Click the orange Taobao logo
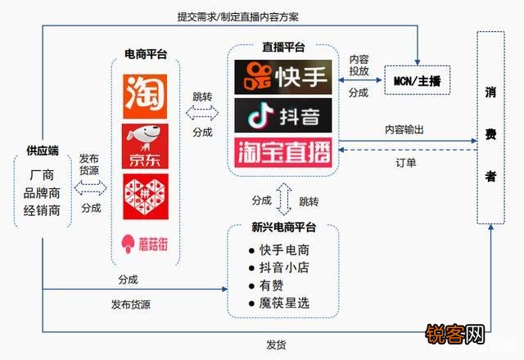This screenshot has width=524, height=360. pyautogui.click(x=145, y=97)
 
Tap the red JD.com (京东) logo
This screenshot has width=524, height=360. pyautogui.click(x=145, y=146)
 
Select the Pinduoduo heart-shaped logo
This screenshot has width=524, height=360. pyautogui.click(x=146, y=196)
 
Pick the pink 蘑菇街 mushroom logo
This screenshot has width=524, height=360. pyautogui.click(x=145, y=244)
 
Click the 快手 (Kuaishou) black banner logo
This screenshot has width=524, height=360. pyautogui.click(x=283, y=77)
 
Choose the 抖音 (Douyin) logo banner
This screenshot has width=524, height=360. pyautogui.click(x=283, y=115)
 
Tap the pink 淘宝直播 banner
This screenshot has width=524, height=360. pyautogui.click(x=283, y=152)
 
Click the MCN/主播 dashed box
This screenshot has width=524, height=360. pyautogui.click(x=418, y=80)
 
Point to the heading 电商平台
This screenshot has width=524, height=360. pyautogui.click(x=146, y=54)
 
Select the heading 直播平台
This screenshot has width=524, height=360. pyautogui.click(x=283, y=47)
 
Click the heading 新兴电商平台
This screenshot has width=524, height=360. pyautogui.click(x=284, y=227)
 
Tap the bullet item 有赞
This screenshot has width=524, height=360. pyautogui.click(x=271, y=286)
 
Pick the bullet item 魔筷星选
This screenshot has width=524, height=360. pyautogui.click(x=284, y=304)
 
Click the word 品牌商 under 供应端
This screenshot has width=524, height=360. pyautogui.click(x=42, y=193)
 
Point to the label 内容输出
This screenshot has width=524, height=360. pyautogui.click(x=404, y=129)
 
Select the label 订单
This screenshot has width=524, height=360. pyautogui.click(x=406, y=163)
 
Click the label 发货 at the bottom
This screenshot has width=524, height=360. pyautogui.click(x=276, y=345)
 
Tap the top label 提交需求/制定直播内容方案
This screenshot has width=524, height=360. pyautogui.click(x=238, y=16)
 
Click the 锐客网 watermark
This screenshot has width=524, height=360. pyautogui.click(x=455, y=335)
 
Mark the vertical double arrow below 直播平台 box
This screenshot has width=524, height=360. pyautogui.click(x=284, y=200)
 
